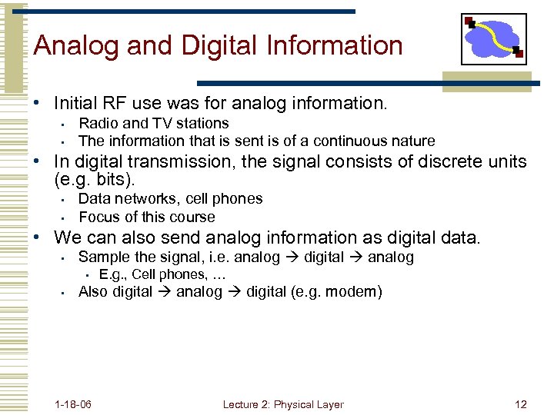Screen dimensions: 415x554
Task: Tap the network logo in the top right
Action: click(493, 39)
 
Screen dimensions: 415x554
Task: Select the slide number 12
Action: click(521, 404)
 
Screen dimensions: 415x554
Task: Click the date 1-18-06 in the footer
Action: click(74, 404)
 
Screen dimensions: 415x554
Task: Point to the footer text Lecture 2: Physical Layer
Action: click(283, 404)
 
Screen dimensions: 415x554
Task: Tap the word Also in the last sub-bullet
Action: click(93, 291)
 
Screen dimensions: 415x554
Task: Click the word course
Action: click(194, 217)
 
